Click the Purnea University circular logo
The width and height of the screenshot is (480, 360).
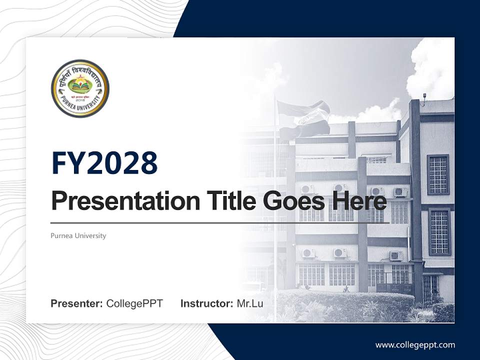80,88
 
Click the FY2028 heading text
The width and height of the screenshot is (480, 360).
104,163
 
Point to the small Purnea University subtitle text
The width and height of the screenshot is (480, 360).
78,235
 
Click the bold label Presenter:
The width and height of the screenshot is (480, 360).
76,303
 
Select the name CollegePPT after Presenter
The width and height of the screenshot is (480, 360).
134,303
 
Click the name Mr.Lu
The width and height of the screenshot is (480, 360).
249,303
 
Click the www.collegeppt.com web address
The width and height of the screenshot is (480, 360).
415,344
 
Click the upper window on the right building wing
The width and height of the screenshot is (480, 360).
438,174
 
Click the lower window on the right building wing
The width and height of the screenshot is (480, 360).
439,231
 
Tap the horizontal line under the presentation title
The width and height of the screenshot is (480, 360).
220,222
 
